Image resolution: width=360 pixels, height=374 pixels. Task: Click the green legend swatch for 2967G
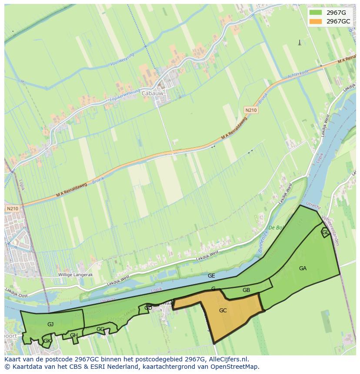[316, 13]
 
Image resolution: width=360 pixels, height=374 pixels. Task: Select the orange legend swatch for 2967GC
[316, 21]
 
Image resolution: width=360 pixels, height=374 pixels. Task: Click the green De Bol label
[276, 228]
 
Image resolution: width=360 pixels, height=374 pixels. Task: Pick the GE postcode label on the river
[211, 276]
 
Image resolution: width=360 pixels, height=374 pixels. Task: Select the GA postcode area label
[303, 268]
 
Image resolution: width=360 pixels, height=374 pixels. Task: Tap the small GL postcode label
[325, 232]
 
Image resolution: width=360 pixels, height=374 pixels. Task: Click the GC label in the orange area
[223, 311]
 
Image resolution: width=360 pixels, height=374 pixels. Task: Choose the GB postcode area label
[246, 290]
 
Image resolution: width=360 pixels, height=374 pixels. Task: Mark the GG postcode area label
[100, 329]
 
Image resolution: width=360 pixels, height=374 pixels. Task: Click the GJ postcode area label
[50, 324]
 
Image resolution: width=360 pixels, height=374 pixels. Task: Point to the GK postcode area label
[47, 341]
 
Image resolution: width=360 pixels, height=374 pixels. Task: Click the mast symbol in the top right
[299, 42]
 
